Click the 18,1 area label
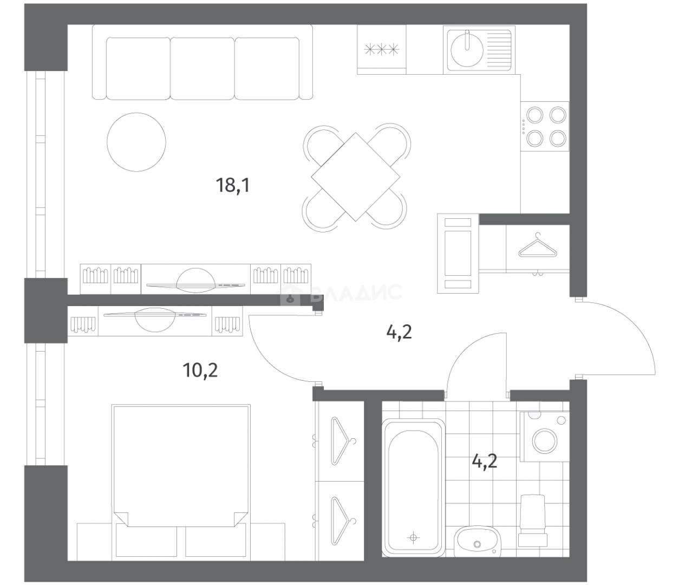click(x=233, y=185)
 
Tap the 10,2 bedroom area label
click(x=200, y=370)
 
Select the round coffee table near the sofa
click(x=136, y=142)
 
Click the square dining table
click(x=355, y=177)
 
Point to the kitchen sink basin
click(x=467, y=50)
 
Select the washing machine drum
click(x=545, y=441)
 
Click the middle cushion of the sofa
click(x=203, y=68)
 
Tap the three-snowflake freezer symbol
click(x=382, y=50)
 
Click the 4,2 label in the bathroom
click(x=484, y=461)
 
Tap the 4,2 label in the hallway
click(x=399, y=333)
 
